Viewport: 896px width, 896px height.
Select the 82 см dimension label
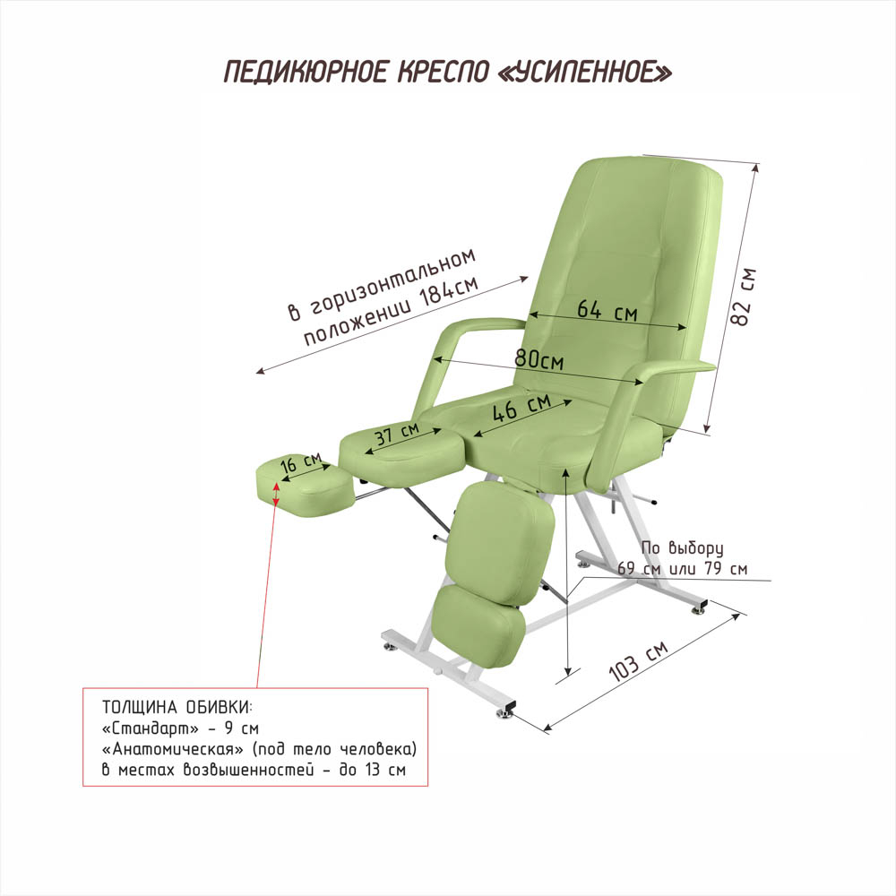click(x=745, y=296)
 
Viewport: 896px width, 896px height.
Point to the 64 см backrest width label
click(x=607, y=311)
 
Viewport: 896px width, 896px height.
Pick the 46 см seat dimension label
click(x=522, y=410)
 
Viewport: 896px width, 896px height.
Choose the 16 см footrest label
click(x=300, y=464)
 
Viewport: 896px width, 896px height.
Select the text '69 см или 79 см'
click(x=682, y=568)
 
